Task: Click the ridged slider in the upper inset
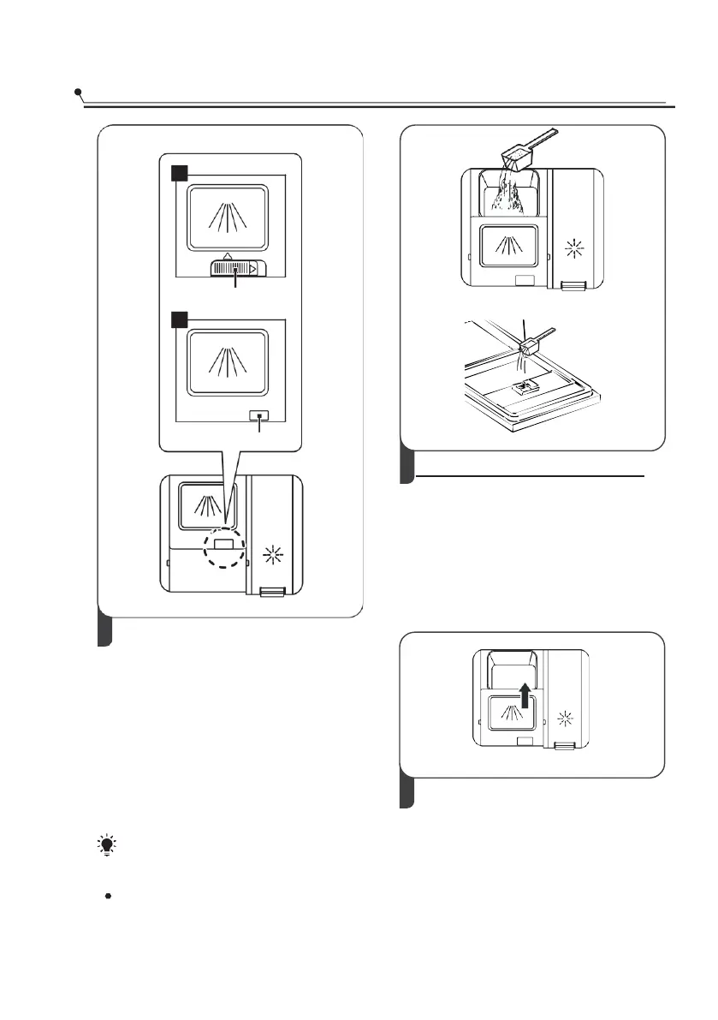point(234,269)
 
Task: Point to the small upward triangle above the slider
point(227,255)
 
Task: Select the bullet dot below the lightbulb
point(108,895)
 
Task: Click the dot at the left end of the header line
point(78,90)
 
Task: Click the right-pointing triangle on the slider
point(253,269)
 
